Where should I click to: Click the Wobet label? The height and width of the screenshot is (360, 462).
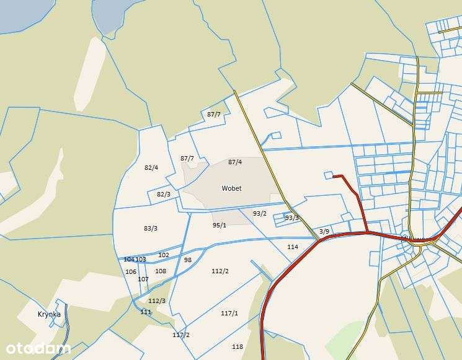point(231,188)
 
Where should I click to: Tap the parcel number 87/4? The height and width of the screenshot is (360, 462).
point(235,162)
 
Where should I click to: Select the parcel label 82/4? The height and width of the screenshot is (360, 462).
point(151,168)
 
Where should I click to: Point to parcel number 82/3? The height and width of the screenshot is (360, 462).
point(164,194)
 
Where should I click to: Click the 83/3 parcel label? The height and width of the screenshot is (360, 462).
point(151,228)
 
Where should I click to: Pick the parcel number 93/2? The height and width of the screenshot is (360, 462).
point(260,214)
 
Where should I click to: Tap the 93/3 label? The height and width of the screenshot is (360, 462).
point(291,218)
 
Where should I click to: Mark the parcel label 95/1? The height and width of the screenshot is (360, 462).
point(220,226)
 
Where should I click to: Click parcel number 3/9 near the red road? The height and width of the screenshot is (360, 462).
point(324,231)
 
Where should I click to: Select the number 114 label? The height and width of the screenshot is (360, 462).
point(293,247)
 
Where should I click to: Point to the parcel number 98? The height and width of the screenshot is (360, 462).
point(188,260)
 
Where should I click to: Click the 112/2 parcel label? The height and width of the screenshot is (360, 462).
point(220,271)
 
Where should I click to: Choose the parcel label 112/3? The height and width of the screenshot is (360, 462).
point(157,301)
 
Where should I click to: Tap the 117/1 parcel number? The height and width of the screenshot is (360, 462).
point(229,314)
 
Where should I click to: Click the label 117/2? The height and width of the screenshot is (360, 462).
point(181,335)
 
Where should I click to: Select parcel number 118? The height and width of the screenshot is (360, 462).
point(238,347)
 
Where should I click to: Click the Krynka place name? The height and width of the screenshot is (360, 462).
point(49,314)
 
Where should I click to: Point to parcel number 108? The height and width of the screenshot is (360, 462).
point(161,271)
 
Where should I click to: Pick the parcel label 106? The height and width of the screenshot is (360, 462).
point(131,272)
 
